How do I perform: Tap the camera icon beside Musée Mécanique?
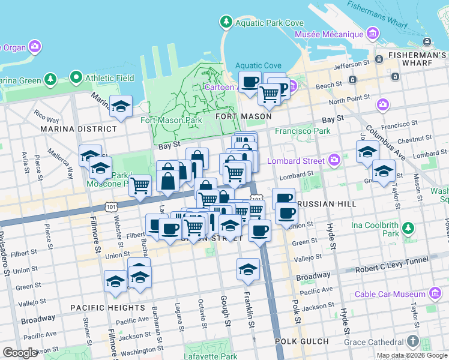tap(374, 34)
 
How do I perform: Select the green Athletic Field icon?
tap(76, 78)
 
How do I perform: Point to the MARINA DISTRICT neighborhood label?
tap(79, 129)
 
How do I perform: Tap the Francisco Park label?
tap(303, 131)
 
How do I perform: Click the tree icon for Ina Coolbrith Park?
tap(408, 228)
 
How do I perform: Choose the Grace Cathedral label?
tap(373, 342)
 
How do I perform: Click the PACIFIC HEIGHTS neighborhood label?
tap(107, 308)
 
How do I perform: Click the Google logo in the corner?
tap(20, 353)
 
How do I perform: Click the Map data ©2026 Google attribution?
tap(412, 356)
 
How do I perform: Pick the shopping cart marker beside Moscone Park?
tap(140, 185)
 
